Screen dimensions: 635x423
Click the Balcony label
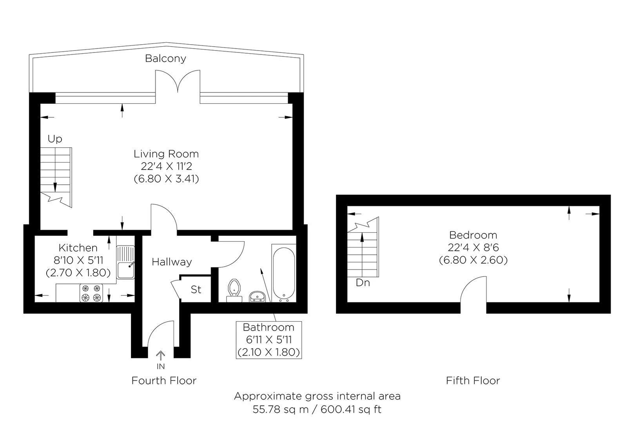coord(165,58)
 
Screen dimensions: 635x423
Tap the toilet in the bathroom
coord(234,290)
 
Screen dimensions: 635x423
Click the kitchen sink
coord(125,262)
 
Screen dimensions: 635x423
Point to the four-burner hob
coord(91,293)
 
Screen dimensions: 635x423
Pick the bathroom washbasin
coord(257,296)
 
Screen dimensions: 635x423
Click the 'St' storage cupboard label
coord(196,289)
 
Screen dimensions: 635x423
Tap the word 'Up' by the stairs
coord(55,139)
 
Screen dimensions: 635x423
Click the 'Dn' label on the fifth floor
coord(363,283)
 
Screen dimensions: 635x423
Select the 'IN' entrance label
coord(161,366)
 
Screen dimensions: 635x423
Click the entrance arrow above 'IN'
coord(161,356)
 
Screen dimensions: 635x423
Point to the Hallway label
coord(172,262)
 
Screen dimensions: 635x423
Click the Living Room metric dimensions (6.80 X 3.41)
coord(167,179)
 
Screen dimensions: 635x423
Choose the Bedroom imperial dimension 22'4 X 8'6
coord(473,248)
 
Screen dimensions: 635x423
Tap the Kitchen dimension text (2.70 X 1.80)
coord(78,273)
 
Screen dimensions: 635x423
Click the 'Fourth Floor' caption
coord(164,380)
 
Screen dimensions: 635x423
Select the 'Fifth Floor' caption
coord(473,380)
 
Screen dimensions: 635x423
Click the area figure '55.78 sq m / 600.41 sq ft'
coord(317,409)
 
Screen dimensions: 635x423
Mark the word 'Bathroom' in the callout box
coord(269,327)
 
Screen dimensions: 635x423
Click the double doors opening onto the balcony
coord(178,82)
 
